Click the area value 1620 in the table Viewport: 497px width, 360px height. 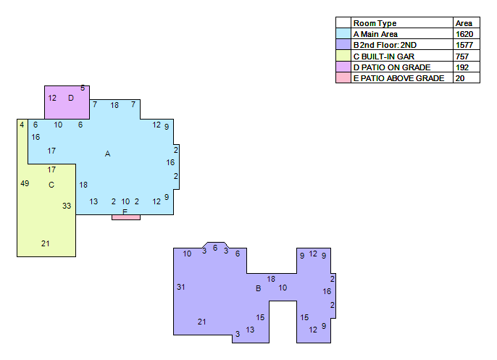pos(464,34)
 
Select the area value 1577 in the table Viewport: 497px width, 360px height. pos(464,45)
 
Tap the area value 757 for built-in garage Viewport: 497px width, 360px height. pos(462,56)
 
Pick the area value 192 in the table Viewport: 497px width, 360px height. pos(462,67)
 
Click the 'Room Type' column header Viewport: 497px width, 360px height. pos(375,23)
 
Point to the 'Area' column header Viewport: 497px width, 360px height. pos(464,23)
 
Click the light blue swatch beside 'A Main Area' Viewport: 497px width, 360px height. pos(343,33)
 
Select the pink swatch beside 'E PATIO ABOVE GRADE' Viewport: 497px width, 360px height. pos(343,78)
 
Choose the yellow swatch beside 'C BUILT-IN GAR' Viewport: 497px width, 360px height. pos(343,56)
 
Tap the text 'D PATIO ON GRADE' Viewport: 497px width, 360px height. pos(392,67)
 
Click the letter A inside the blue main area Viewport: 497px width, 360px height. pos(107,154)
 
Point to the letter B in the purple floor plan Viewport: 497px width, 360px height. pos(259,288)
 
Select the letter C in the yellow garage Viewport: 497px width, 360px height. pos(51,185)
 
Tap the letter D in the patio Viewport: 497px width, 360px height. pos(71,98)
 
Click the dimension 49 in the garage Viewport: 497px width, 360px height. pos(25,183)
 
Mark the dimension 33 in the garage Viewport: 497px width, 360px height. pos(67,206)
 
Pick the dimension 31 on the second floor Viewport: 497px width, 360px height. pos(180,287)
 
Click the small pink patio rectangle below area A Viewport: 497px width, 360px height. pos(126,217)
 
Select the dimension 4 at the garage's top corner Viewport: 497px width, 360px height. pos(22,125)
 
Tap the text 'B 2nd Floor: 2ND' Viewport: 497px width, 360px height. pos(385,45)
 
